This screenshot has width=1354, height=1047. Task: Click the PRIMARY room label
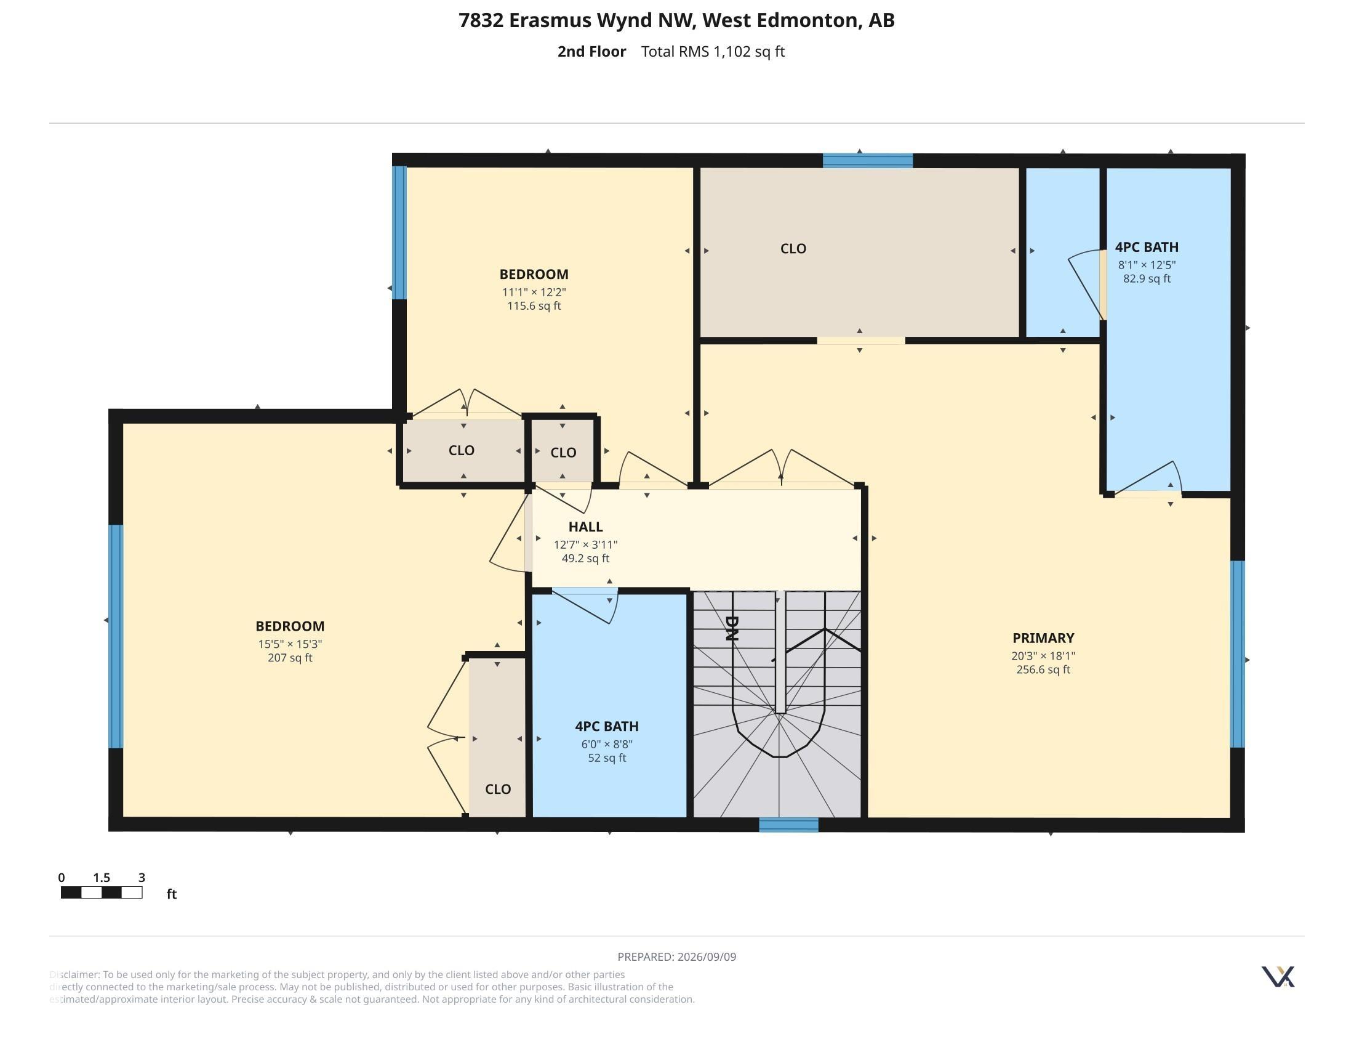(x=1043, y=637)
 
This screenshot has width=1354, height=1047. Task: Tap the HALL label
(x=585, y=527)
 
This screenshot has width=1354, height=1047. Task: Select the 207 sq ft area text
(x=289, y=658)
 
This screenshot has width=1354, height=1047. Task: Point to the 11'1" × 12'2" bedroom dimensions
(x=534, y=291)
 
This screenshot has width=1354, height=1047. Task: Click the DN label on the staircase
(x=732, y=628)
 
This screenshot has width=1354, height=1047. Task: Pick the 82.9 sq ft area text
(x=1147, y=278)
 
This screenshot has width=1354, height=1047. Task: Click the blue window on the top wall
(x=867, y=161)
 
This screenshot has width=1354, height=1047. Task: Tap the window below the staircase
(x=788, y=824)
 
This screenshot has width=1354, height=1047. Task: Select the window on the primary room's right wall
(x=1237, y=653)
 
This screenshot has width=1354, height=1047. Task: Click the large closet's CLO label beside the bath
(x=793, y=249)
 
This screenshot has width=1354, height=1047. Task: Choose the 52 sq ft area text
(x=606, y=758)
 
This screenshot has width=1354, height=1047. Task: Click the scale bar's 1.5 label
(x=102, y=878)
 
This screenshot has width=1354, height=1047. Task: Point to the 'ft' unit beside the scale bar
(x=172, y=894)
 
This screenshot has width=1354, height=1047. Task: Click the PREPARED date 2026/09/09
(x=707, y=957)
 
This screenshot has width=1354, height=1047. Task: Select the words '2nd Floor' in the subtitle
(x=591, y=52)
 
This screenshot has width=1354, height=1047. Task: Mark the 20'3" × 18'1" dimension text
(x=1043, y=656)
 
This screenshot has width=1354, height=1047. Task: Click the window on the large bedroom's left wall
(x=116, y=636)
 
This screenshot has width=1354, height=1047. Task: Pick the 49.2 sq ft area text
(x=585, y=558)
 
